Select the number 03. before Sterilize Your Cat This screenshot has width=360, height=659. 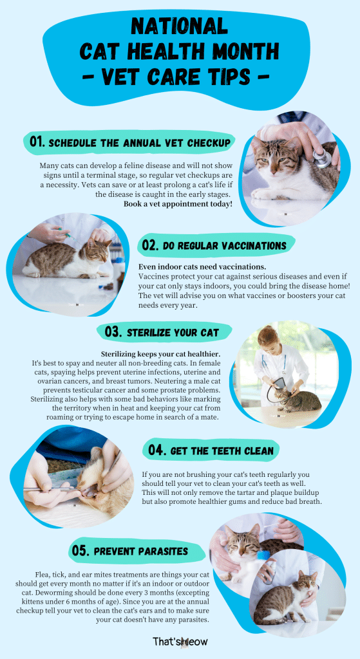tap(113, 333)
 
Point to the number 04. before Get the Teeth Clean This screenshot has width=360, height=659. tap(158, 450)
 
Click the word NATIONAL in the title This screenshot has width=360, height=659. tap(180, 26)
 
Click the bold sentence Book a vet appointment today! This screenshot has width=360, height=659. tap(178, 203)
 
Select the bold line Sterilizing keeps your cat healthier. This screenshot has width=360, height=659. tap(161, 354)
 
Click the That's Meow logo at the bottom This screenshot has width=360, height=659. tap(180, 641)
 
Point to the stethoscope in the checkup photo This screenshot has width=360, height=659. tap(323, 157)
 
